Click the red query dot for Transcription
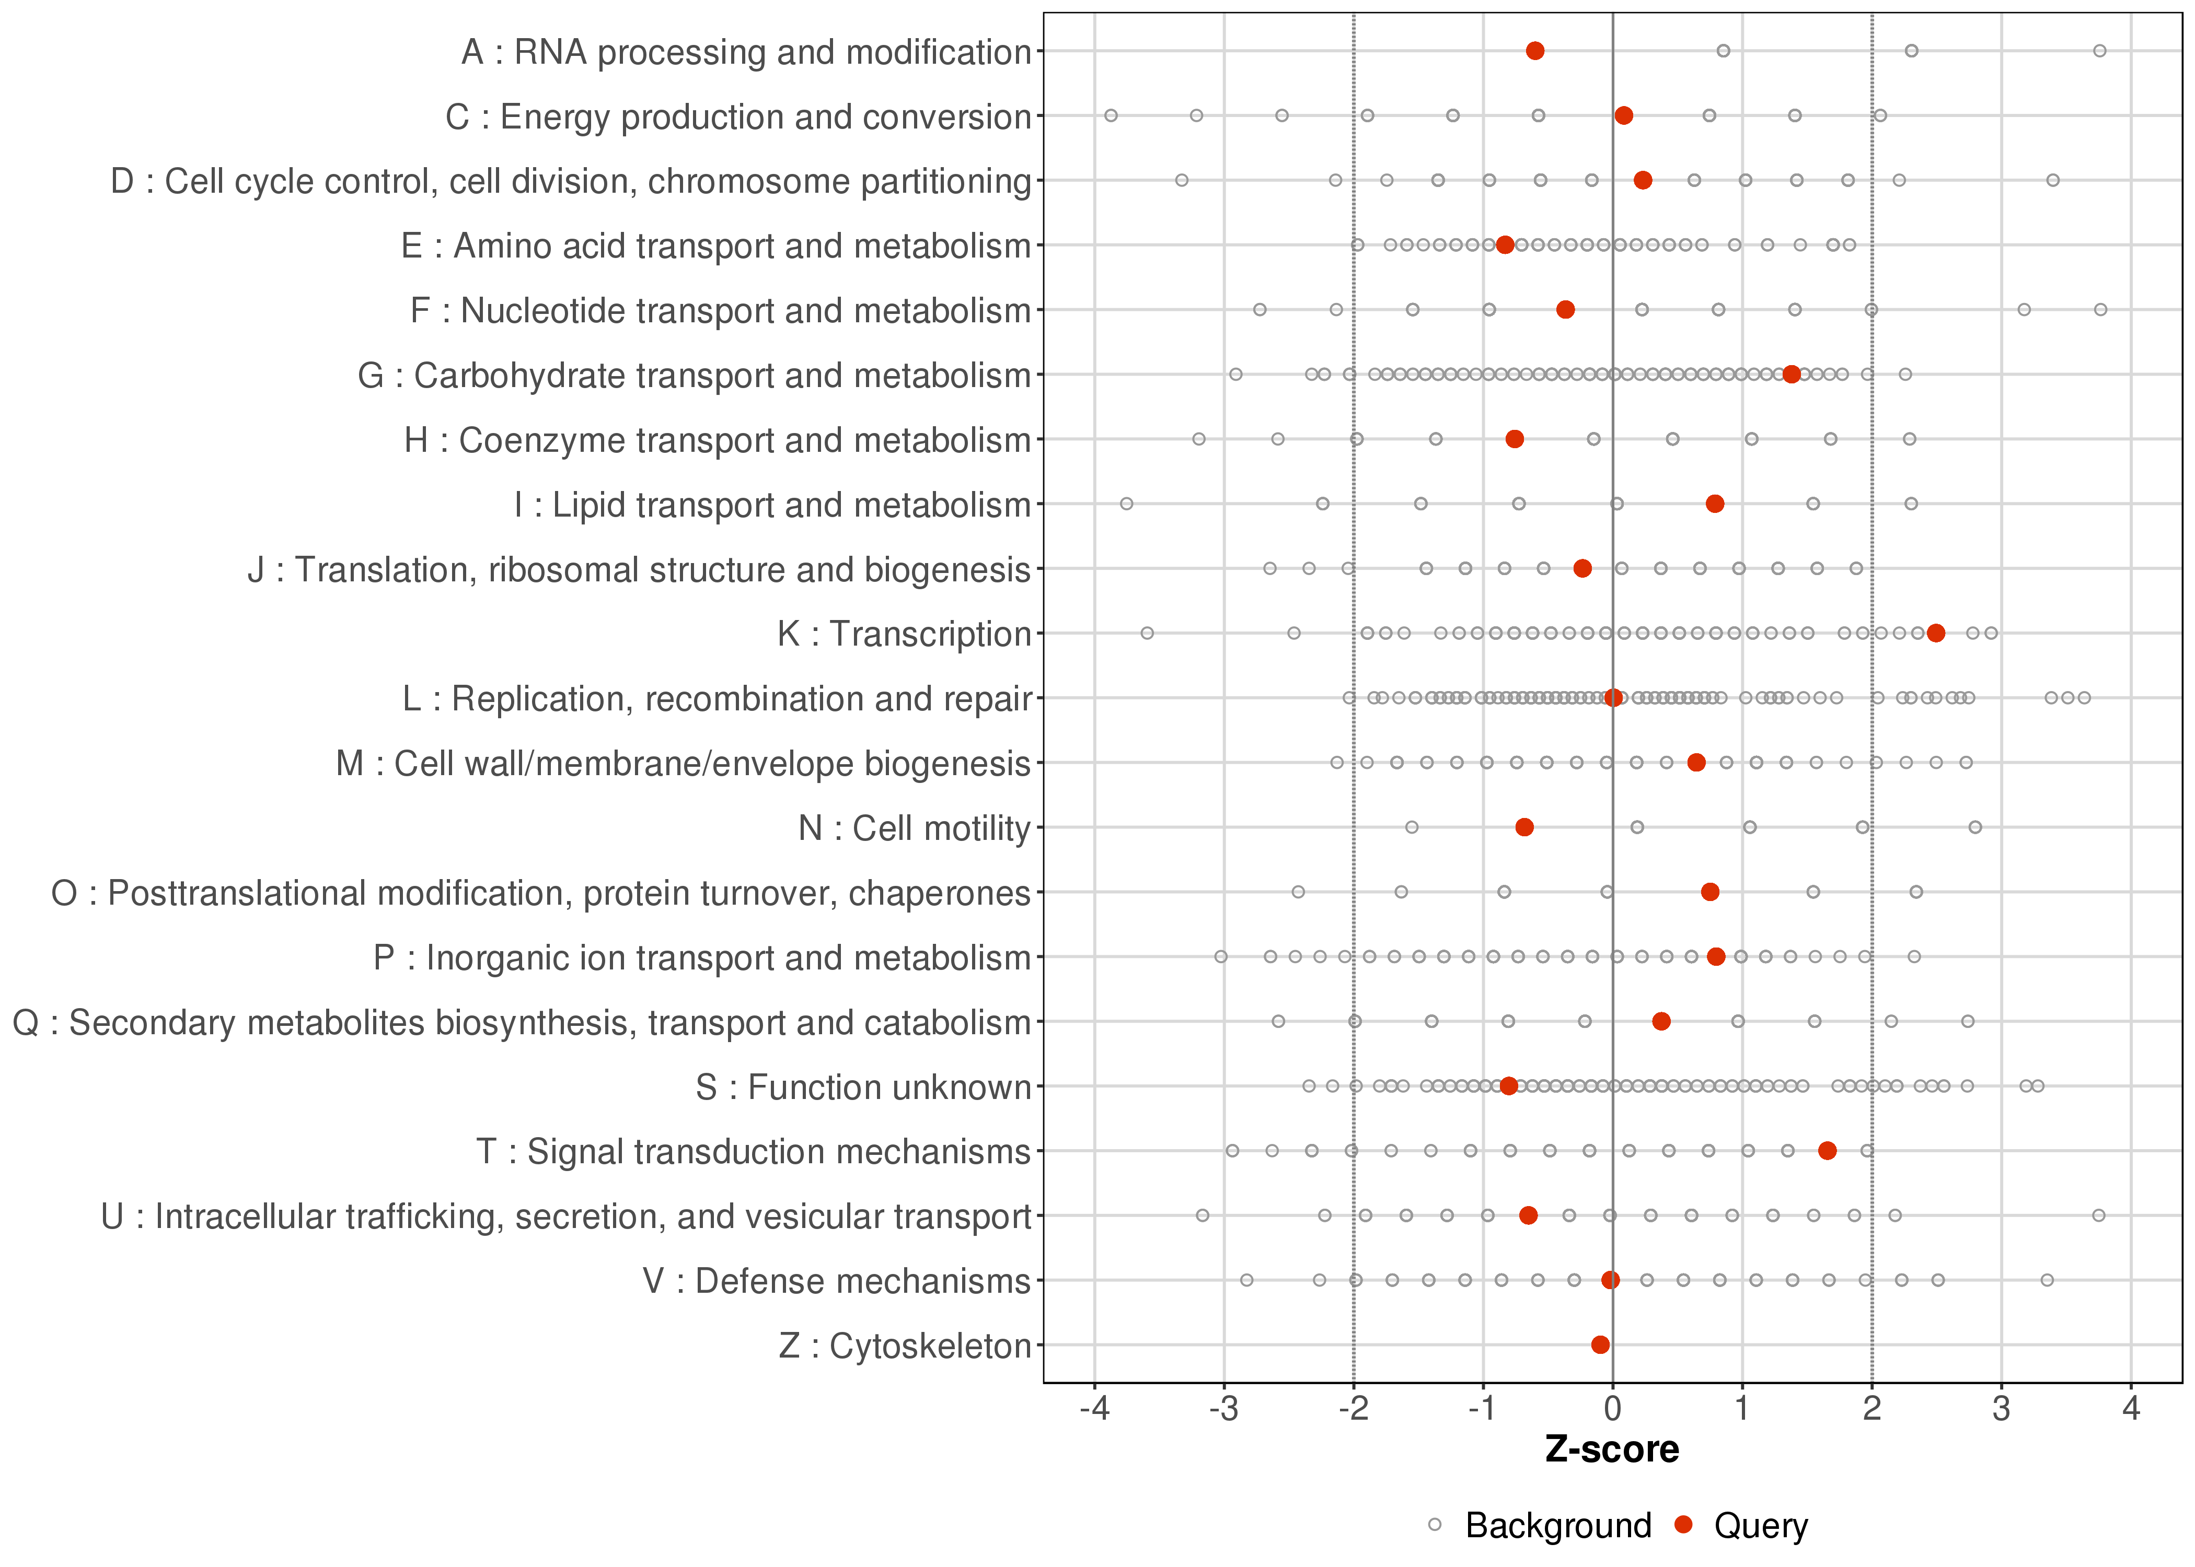pyautogui.click(x=1935, y=633)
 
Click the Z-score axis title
pyautogui.click(x=1612, y=1450)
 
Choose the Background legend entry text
pyautogui.click(x=1558, y=1526)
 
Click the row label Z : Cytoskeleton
pyautogui.click(x=905, y=1345)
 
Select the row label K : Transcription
pyautogui.click(x=905, y=634)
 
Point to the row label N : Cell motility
pyautogui.click(x=914, y=828)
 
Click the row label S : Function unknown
pyautogui.click(x=863, y=1087)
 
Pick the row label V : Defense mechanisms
pyautogui.click(x=837, y=1281)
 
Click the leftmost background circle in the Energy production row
pyautogui.click(x=1111, y=116)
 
